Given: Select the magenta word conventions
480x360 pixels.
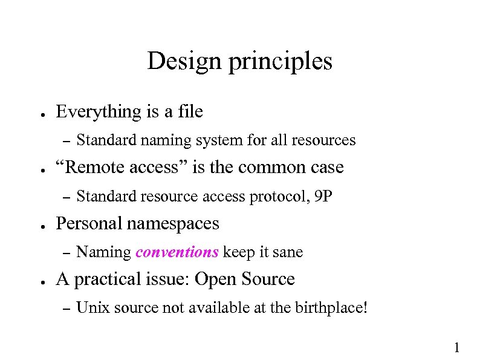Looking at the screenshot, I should point(177,252).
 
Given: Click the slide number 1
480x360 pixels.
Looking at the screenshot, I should point(456,347).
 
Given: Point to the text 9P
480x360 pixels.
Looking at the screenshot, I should point(323,197).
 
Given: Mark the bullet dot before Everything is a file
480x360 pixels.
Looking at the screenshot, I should point(38,114).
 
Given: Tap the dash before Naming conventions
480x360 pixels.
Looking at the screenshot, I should point(67,252).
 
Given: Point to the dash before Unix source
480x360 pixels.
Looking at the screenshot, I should point(67,309).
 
